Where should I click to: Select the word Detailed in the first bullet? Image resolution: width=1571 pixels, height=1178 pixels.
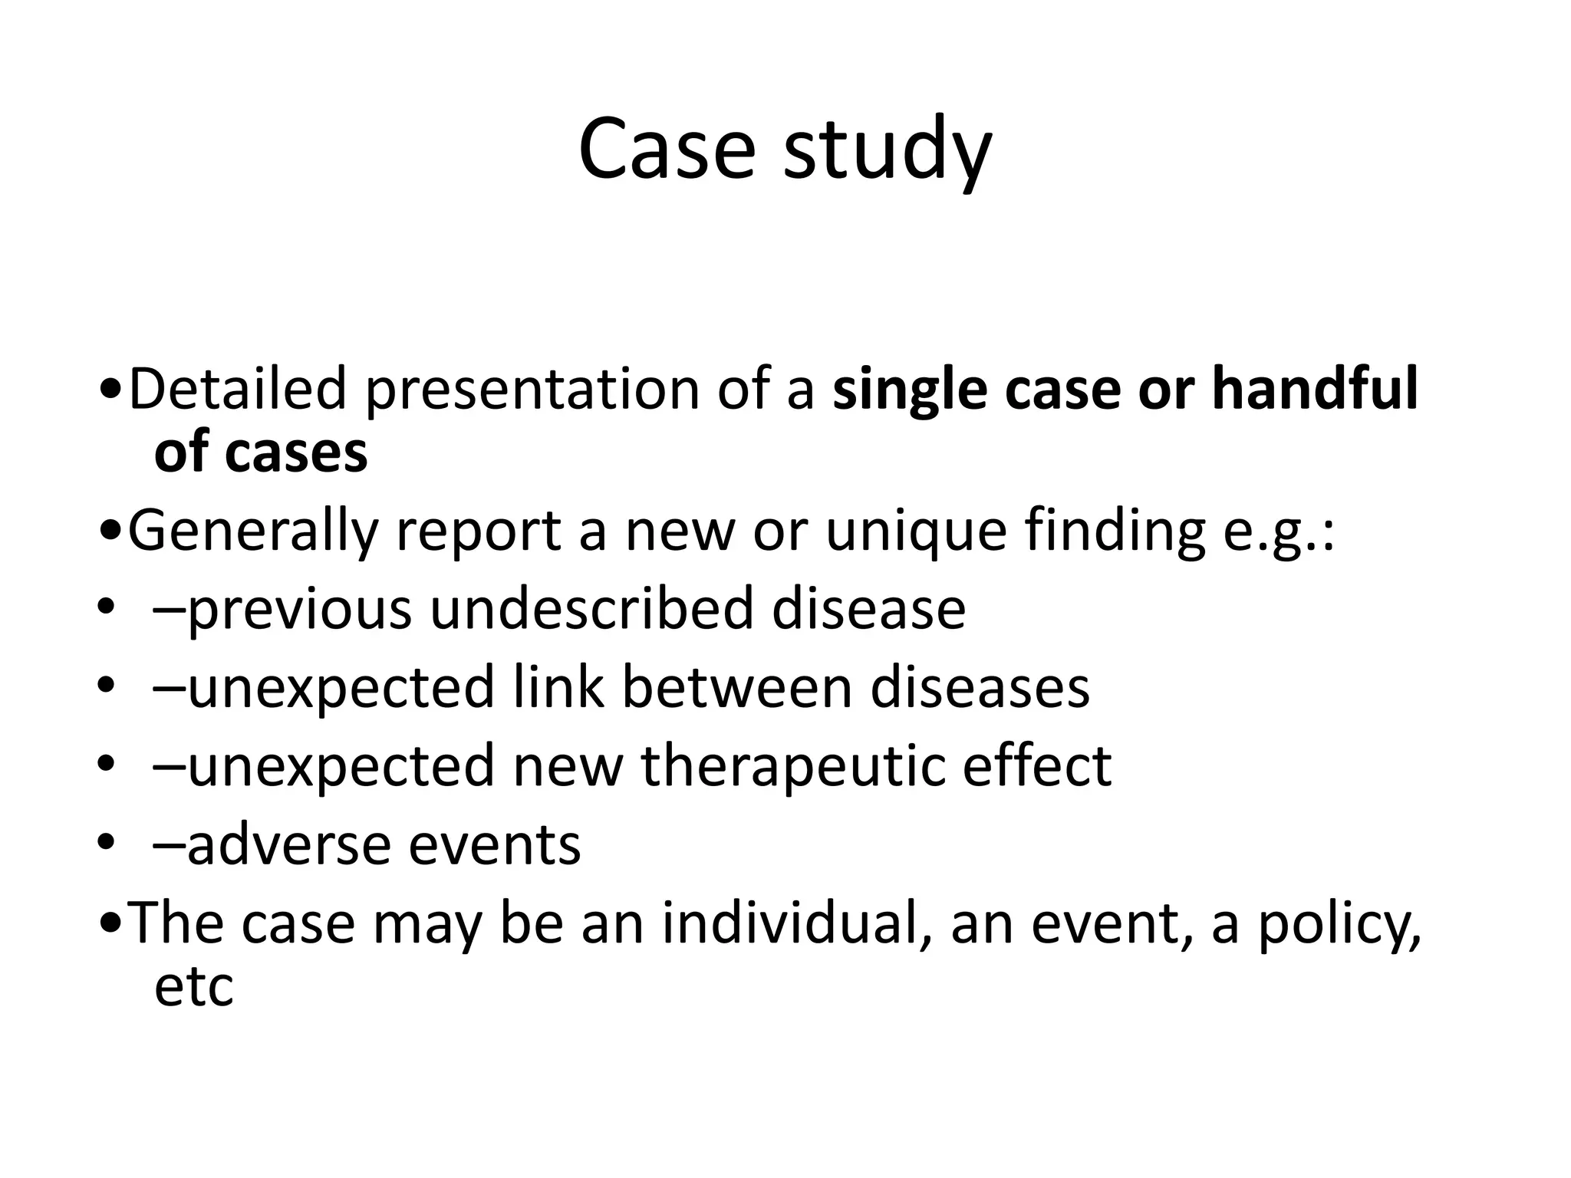237,389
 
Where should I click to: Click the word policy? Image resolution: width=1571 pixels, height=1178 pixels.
1339,926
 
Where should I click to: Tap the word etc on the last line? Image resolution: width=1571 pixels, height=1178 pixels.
193,987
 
